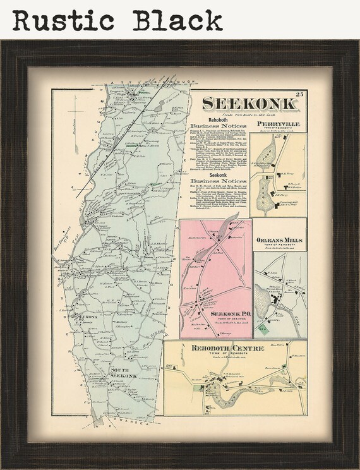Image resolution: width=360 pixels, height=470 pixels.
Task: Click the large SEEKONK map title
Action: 249,105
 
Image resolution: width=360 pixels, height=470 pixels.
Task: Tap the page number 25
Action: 301,95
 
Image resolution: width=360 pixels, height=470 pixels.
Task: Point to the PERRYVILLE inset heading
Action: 279,124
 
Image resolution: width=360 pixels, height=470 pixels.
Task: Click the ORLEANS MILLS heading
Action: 280,240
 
